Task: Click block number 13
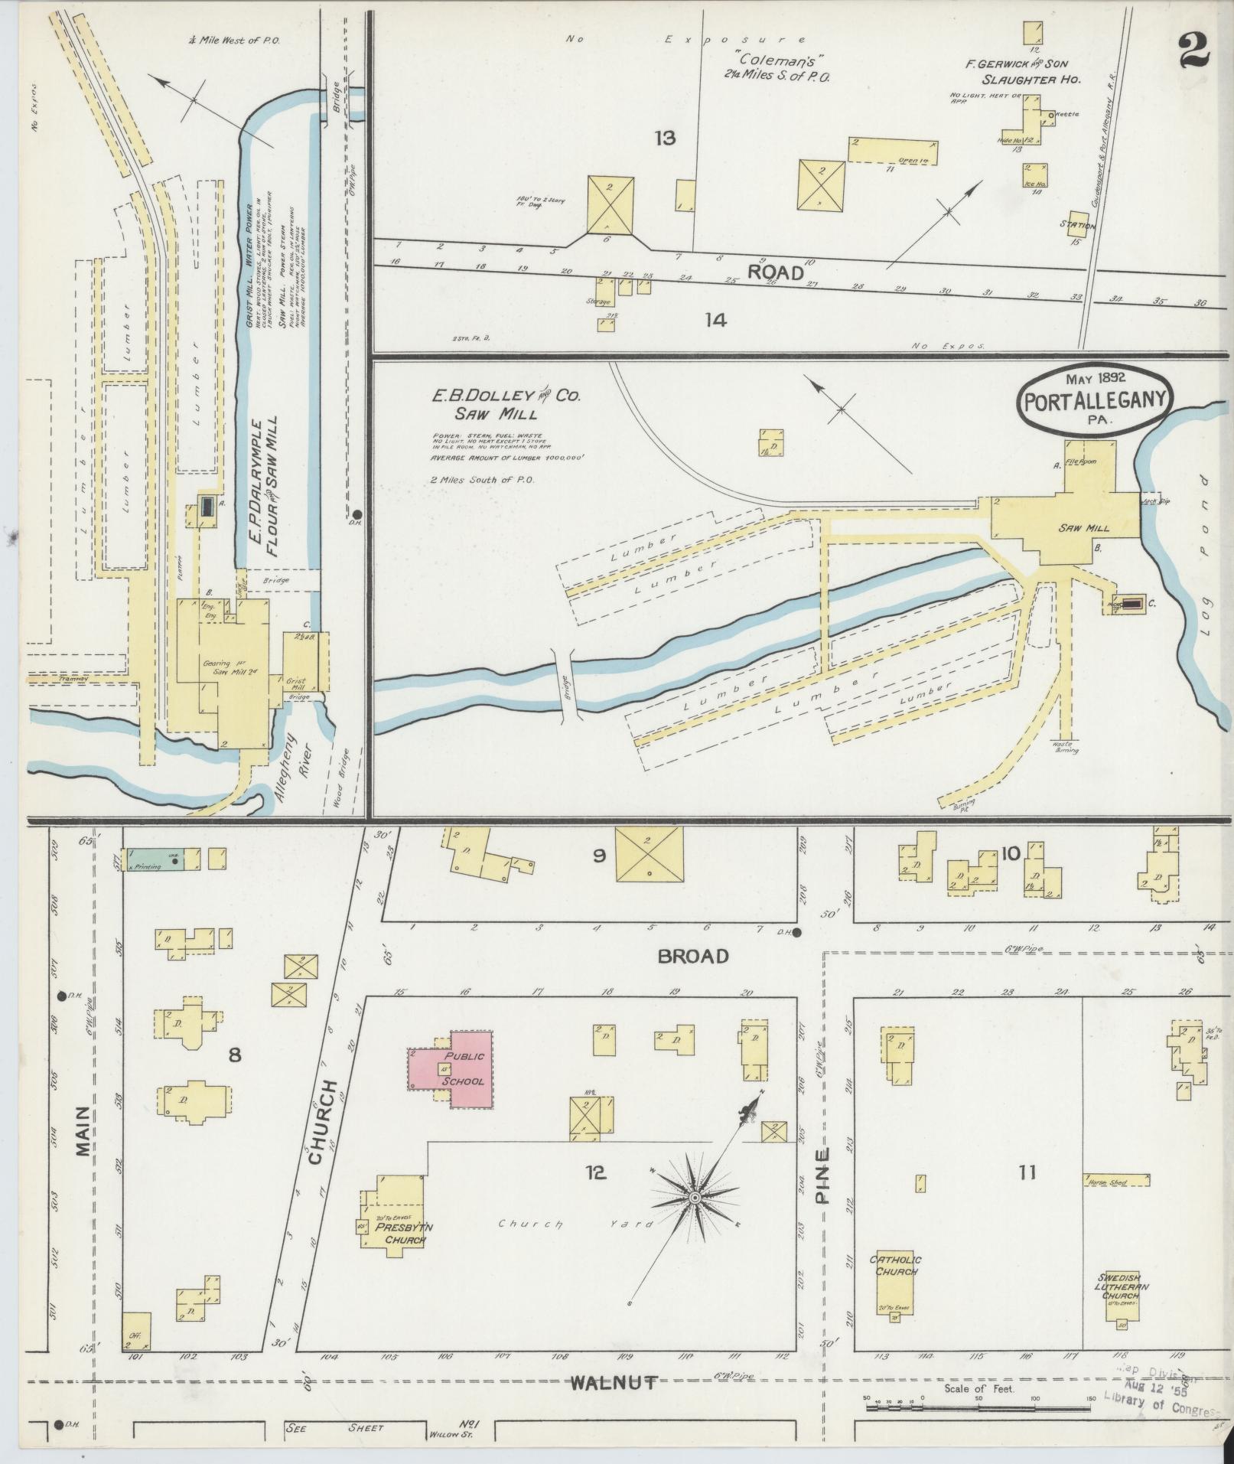tap(665, 139)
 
